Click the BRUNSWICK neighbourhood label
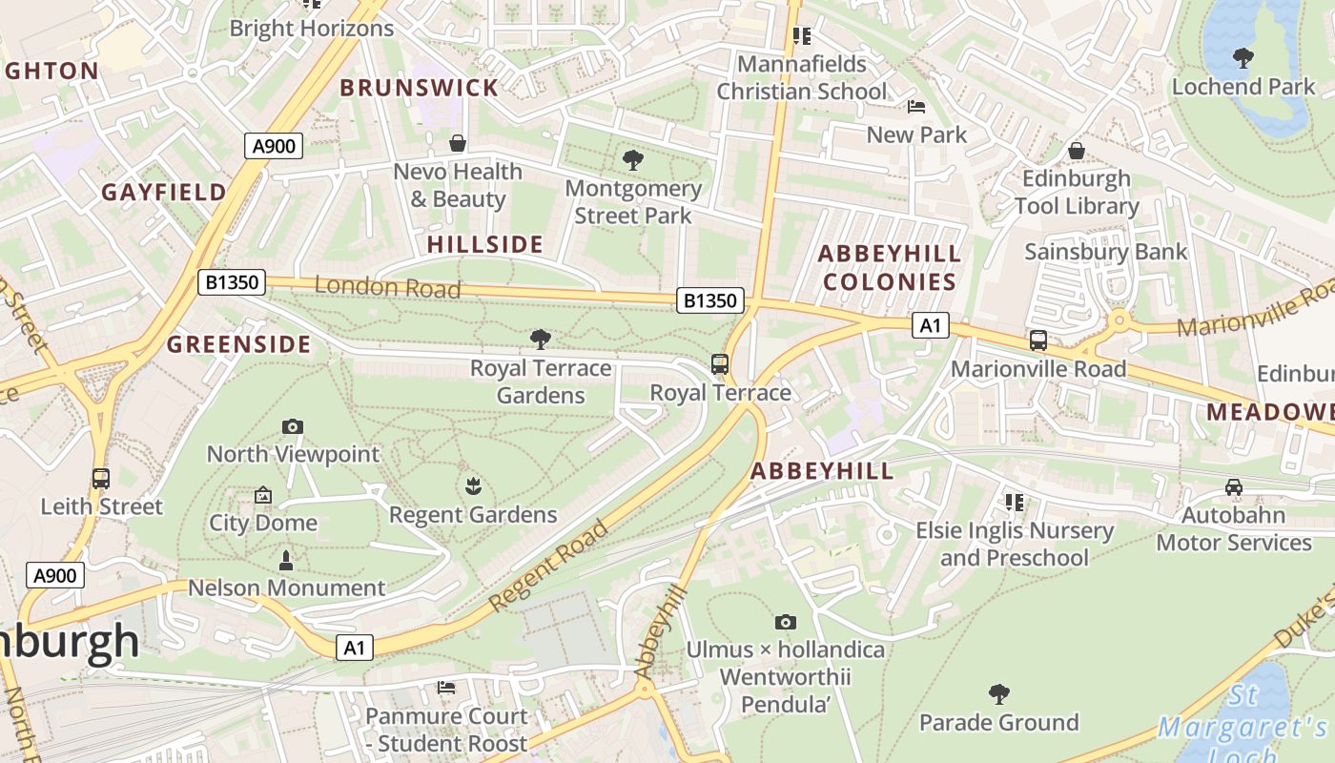419,88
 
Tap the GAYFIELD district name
164,192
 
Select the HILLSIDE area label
484,244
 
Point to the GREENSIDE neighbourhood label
239,344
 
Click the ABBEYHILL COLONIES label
890,267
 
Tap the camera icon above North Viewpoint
293,426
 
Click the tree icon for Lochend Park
1243,58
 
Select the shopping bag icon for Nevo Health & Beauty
458,143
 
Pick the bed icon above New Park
916,107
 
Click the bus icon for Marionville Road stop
1038,340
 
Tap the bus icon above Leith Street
100,479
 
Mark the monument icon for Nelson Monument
285,560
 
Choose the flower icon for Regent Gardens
472,487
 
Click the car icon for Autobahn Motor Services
1234,487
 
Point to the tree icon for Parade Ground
998,693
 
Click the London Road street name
387,286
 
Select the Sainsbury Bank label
1105,252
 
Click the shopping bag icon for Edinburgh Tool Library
1077,151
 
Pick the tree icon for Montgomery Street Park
632,159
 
